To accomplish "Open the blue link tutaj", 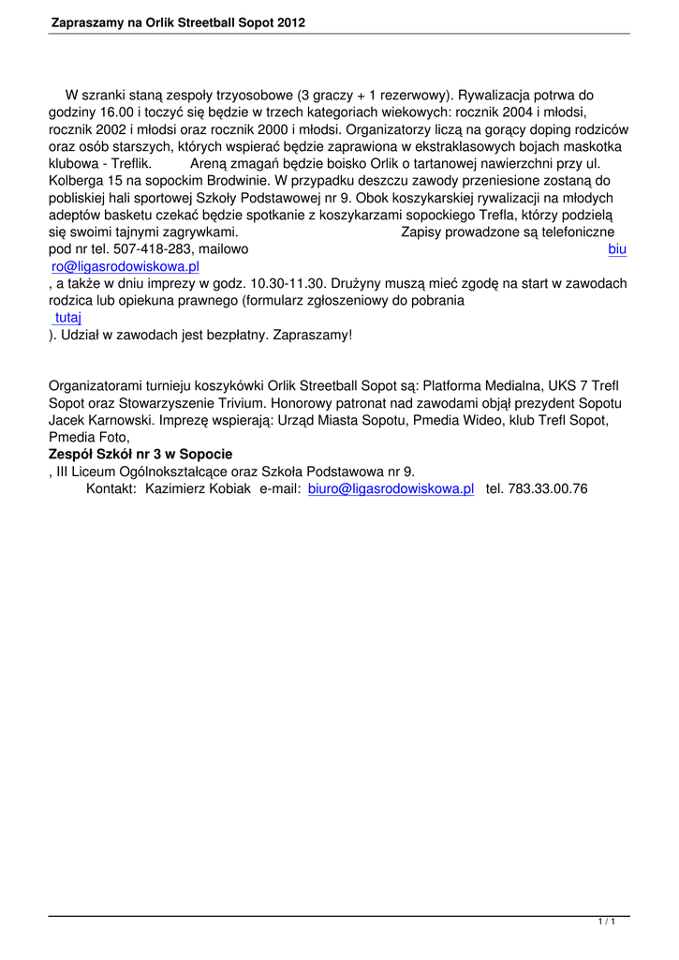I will [x=67, y=318].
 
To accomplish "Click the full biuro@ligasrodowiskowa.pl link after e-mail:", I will [x=391, y=488].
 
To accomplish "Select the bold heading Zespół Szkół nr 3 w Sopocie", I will [x=140, y=455].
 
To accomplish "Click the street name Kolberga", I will [x=77, y=181].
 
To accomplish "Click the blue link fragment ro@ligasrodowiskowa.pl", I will [x=125, y=266].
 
